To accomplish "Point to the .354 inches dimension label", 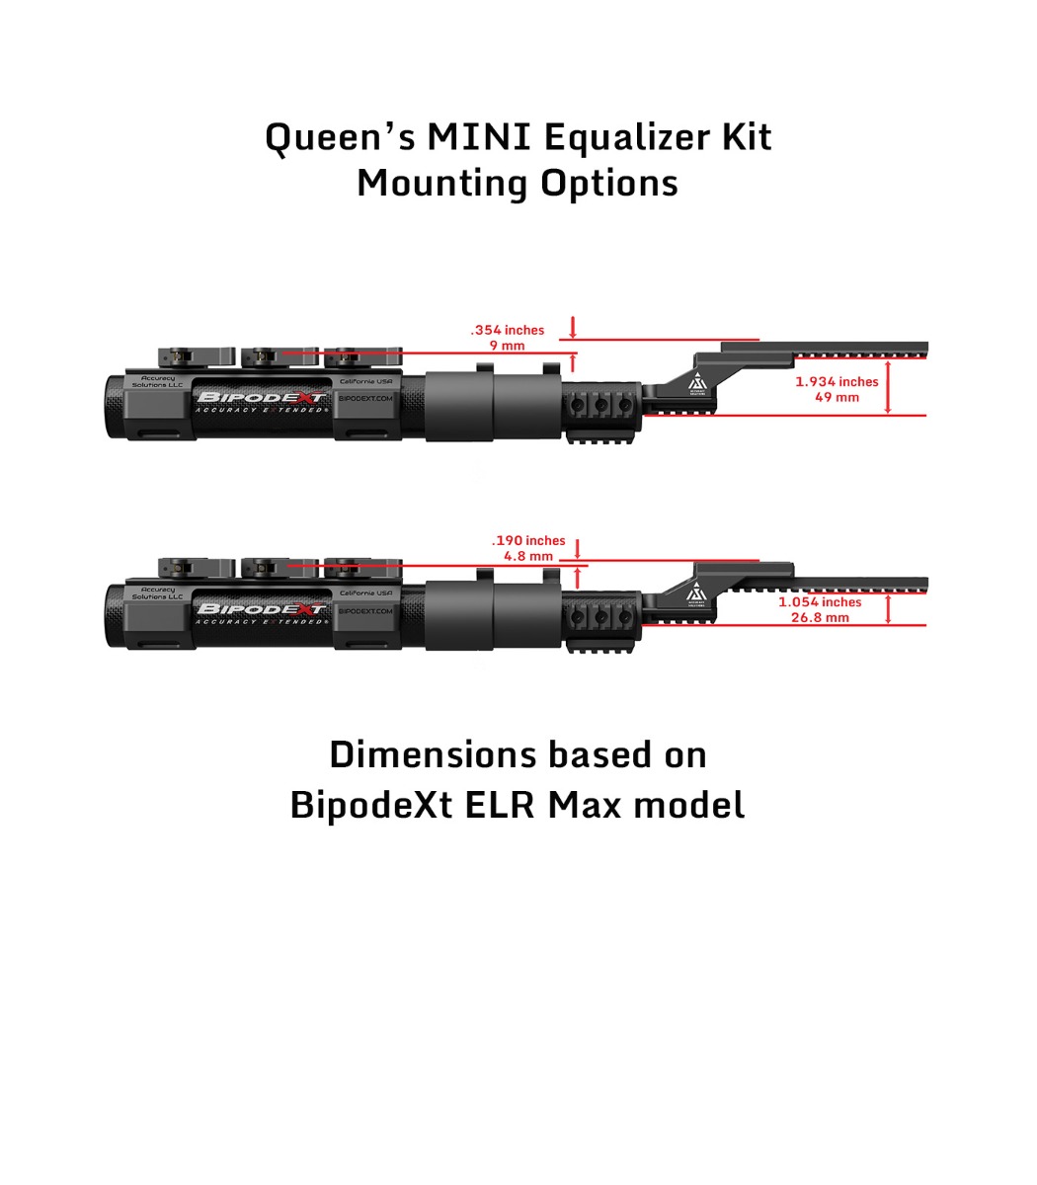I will coord(507,330).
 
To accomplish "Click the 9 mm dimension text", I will coord(507,346).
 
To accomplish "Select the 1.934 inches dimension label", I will coord(837,381).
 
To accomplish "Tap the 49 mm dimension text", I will coord(837,397).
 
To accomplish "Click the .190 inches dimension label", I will coord(528,540).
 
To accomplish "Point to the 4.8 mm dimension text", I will coord(528,556).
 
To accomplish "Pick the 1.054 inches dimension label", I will coord(820,601).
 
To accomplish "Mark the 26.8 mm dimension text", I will coord(820,617).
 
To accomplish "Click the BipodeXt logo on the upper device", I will coord(262,398).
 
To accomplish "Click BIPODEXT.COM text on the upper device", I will coord(365,399).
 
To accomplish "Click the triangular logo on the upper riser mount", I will coord(697,383).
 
